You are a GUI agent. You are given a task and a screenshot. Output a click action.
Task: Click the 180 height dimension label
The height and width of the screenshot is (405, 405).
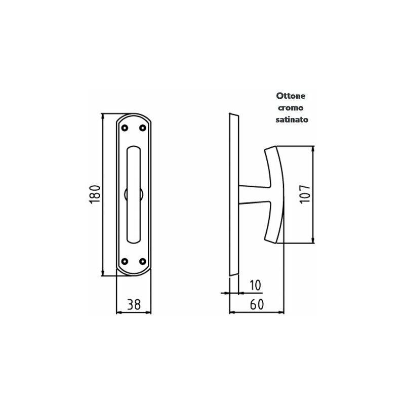[x=95, y=194]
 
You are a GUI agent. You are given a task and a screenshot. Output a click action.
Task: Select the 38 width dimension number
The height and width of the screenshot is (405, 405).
[x=134, y=305]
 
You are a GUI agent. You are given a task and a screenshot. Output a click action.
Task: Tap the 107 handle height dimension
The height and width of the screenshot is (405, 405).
[x=305, y=194]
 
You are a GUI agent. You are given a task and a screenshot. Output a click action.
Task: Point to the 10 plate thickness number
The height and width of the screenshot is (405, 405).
[x=256, y=285]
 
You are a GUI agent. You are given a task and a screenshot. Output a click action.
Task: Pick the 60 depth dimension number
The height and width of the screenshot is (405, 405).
[x=257, y=305]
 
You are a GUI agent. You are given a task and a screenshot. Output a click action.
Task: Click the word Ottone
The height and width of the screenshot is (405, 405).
[x=291, y=96]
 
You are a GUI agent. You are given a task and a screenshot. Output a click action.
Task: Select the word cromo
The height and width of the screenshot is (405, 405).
[x=291, y=108]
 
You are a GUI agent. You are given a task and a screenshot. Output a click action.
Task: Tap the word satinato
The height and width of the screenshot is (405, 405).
[x=292, y=119]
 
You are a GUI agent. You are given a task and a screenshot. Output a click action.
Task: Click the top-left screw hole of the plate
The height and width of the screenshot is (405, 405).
[x=125, y=128]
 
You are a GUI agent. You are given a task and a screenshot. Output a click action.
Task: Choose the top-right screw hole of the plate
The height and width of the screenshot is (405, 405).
[x=143, y=128]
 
